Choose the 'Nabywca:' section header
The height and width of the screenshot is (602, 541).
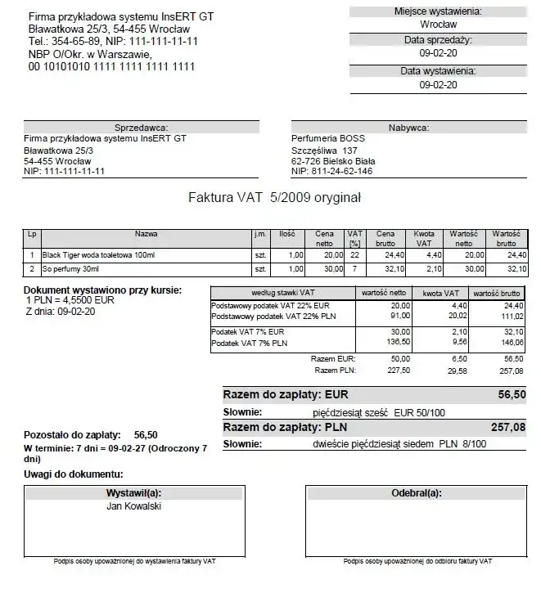point(408,128)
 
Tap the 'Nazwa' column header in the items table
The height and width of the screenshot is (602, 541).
point(147,234)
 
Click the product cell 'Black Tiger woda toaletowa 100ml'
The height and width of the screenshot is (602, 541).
point(98,255)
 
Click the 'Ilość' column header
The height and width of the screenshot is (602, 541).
point(286,234)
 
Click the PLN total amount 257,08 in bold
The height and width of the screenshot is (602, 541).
point(507,427)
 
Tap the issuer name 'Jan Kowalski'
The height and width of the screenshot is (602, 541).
point(134,506)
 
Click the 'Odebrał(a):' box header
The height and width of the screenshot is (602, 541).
point(417,493)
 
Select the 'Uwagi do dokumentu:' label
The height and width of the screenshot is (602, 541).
point(74,474)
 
